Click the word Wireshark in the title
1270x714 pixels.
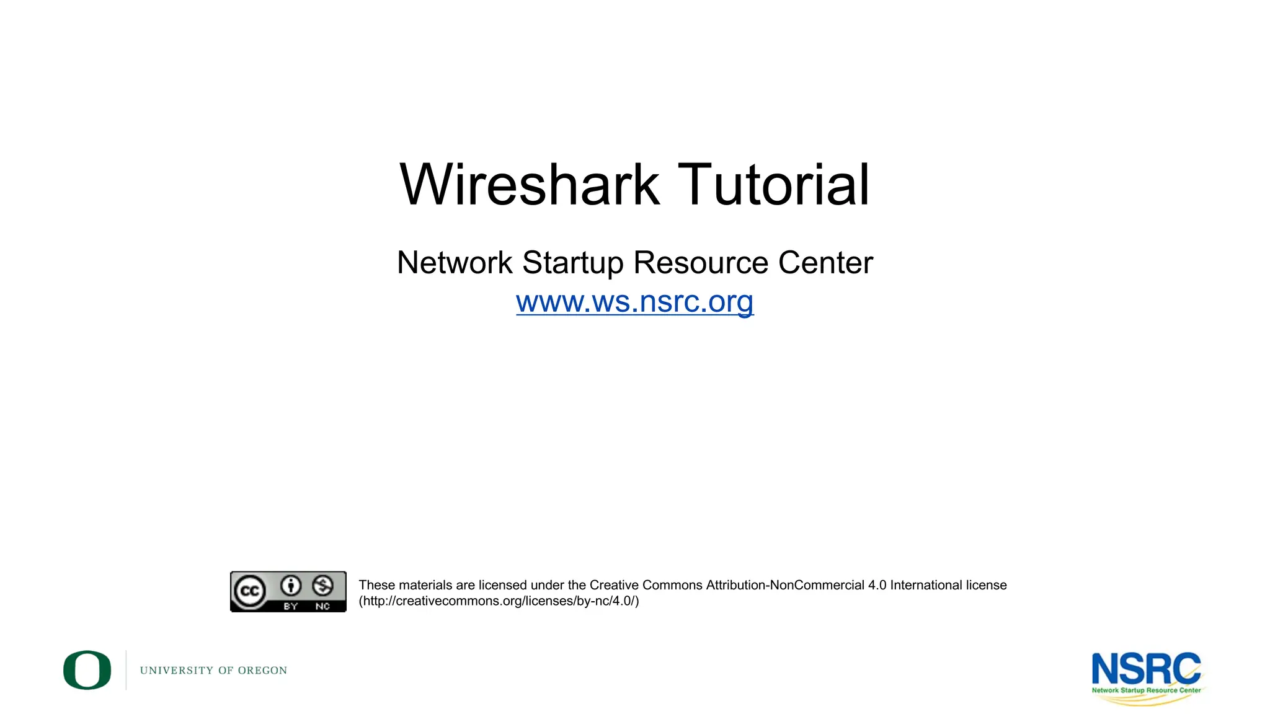pyautogui.click(x=530, y=185)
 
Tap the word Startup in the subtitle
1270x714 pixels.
pyautogui.click(x=572, y=263)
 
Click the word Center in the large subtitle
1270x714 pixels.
pyautogui.click(x=825, y=263)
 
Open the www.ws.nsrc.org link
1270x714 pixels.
pyautogui.click(x=634, y=302)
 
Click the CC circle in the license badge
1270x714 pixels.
pyautogui.click(x=249, y=591)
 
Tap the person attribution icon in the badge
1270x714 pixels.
pyautogui.click(x=291, y=585)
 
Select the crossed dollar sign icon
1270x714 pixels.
pyautogui.click(x=322, y=585)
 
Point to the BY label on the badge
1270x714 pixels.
pyautogui.click(x=291, y=606)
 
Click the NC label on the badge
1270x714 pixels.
pyautogui.click(x=322, y=606)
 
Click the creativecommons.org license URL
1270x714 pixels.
pyautogui.click(x=499, y=601)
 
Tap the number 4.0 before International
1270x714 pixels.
pyautogui.click(x=877, y=585)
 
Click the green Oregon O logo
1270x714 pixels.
pyautogui.click(x=87, y=670)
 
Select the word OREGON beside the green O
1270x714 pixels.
pyautogui.click(x=262, y=671)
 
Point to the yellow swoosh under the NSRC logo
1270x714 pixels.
pyautogui.click(x=1147, y=700)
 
